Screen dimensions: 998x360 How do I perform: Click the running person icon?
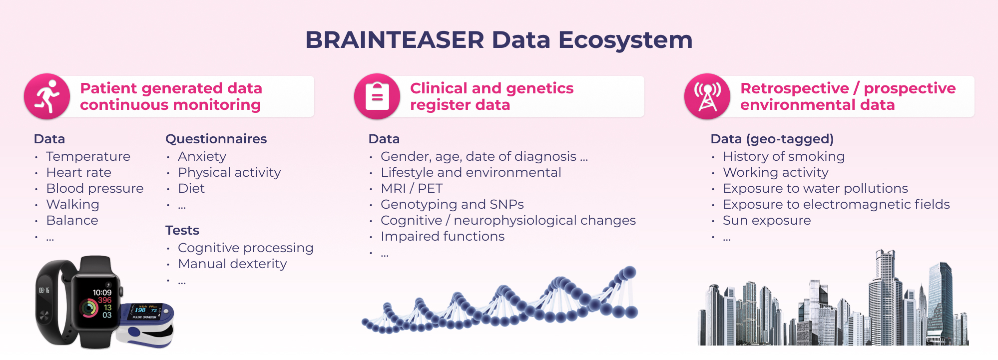[x=47, y=96]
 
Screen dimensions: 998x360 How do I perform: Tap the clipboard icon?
[x=377, y=96]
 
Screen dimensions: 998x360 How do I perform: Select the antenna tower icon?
[x=707, y=96]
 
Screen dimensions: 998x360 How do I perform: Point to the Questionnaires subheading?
[x=216, y=139]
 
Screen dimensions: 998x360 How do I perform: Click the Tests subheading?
[x=182, y=230]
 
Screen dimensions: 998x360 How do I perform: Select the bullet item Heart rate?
[x=79, y=172]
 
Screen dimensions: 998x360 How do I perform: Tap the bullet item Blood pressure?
[x=95, y=188]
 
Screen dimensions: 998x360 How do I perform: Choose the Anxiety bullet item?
[x=202, y=157]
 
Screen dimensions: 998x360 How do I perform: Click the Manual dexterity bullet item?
[x=233, y=264]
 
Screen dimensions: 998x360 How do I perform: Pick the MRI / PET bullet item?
[x=412, y=188]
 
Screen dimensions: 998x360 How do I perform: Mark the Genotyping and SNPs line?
[x=452, y=204]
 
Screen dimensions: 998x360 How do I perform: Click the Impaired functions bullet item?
[x=443, y=236]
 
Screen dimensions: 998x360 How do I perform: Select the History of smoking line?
[x=784, y=156]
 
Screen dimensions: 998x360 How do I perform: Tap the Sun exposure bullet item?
[x=767, y=220]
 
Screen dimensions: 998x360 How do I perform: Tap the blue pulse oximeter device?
[x=146, y=325]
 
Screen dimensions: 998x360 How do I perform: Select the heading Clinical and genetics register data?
[x=492, y=96]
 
